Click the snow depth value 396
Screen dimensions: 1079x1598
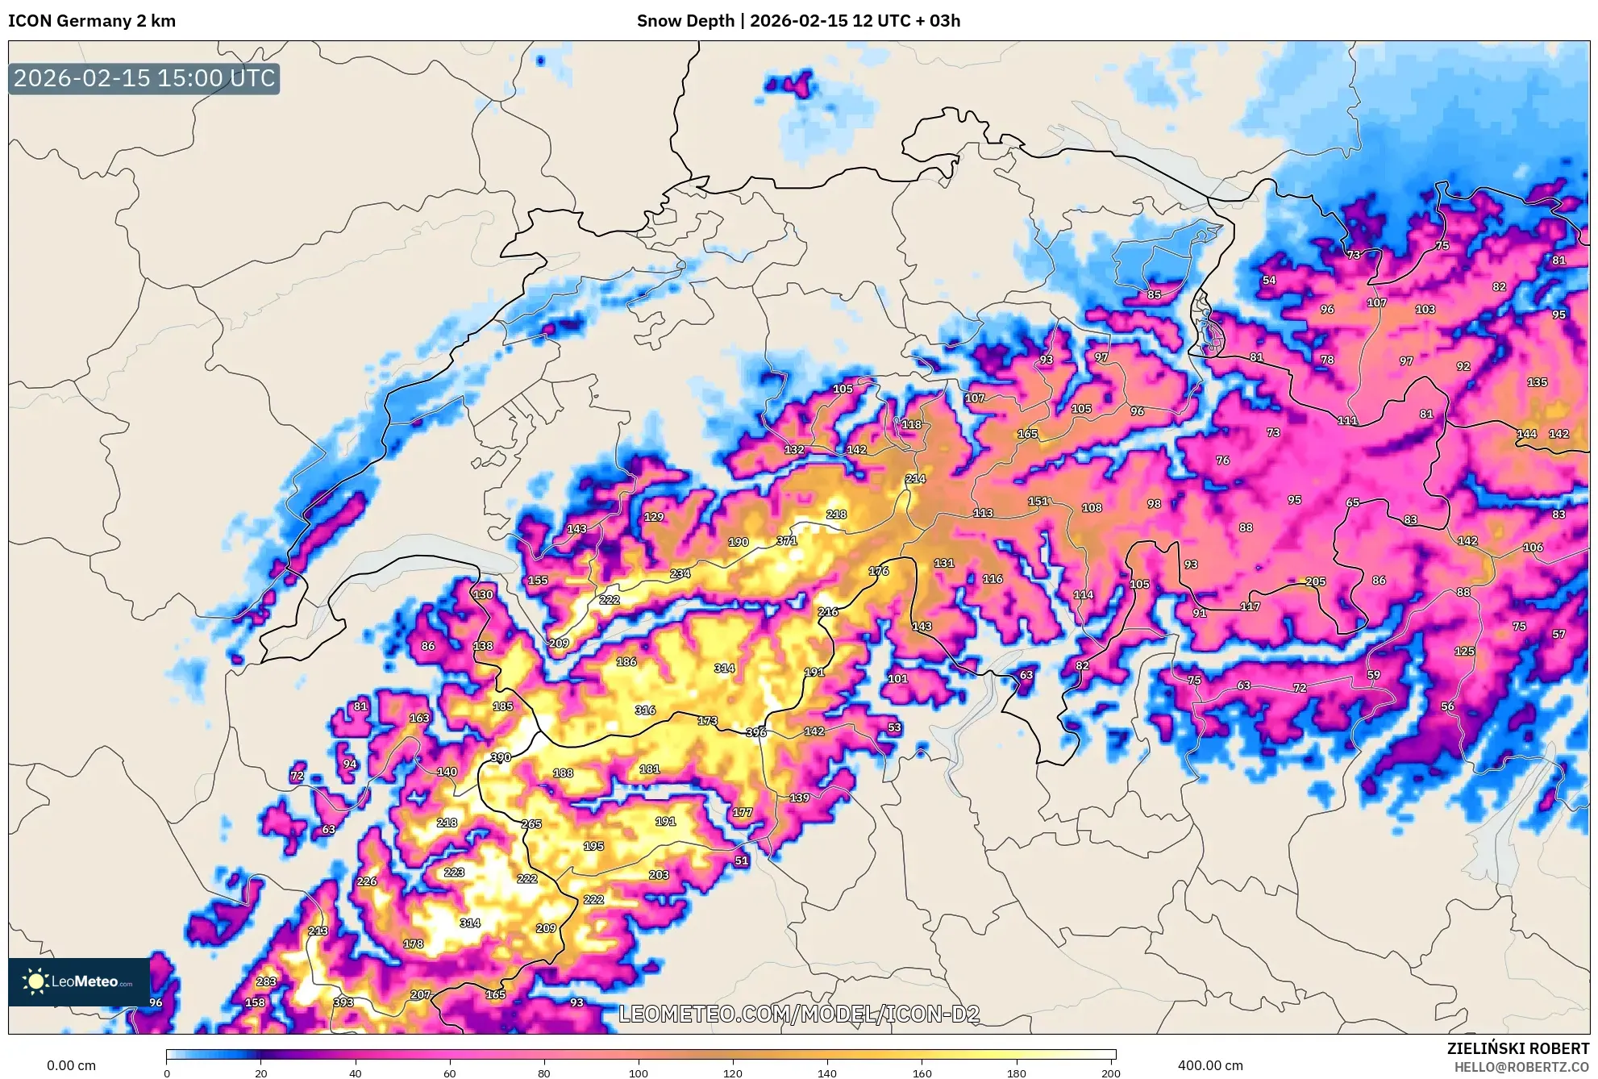click(x=756, y=732)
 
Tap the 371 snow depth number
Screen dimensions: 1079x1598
click(x=787, y=540)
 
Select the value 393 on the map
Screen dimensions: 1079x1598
click(x=343, y=1002)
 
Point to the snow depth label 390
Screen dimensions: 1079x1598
click(x=501, y=757)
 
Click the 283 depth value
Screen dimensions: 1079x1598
click(x=266, y=981)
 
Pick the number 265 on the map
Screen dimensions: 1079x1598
click(x=531, y=823)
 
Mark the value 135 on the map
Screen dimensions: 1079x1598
click(x=1537, y=382)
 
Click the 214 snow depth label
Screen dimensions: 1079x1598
click(x=915, y=478)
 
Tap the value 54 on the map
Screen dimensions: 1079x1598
click(x=1269, y=280)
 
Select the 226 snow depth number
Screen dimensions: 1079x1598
click(x=367, y=881)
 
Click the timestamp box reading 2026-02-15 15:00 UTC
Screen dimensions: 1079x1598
click(x=144, y=78)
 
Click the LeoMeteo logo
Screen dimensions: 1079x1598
click(x=78, y=981)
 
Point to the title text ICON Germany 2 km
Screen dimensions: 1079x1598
click(x=92, y=21)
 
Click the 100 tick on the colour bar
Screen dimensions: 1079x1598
click(x=638, y=1073)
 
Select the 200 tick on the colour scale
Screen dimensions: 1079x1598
click(x=1110, y=1073)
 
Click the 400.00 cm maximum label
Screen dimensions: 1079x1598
click(x=1209, y=1065)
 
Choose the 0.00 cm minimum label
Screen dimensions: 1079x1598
click(x=71, y=1065)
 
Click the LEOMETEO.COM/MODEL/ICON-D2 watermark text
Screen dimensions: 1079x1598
click(x=799, y=1014)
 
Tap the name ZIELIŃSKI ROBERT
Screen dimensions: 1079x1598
click(x=1517, y=1048)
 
